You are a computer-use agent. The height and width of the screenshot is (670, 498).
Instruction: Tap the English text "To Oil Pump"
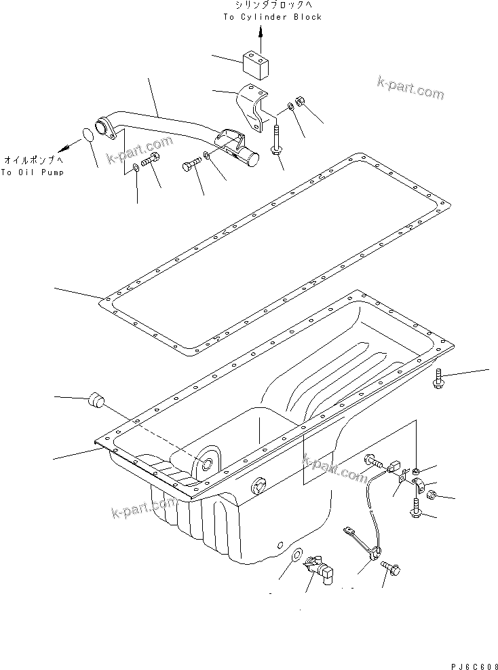click(33, 172)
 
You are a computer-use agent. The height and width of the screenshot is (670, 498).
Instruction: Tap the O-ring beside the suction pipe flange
click(89, 136)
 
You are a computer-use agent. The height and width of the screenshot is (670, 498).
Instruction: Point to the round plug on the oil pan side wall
click(258, 486)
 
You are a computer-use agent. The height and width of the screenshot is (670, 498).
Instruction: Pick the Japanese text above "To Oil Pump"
click(33, 160)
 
